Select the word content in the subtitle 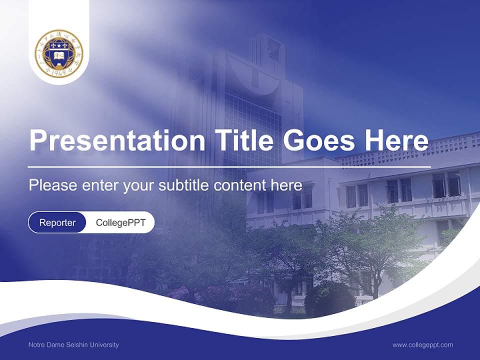[x=239, y=185]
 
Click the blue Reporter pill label [x=57, y=222]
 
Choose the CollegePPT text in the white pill [x=120, y=222]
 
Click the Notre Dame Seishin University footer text [x=73, y=344]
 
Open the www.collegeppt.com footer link [x=422, y=344]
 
